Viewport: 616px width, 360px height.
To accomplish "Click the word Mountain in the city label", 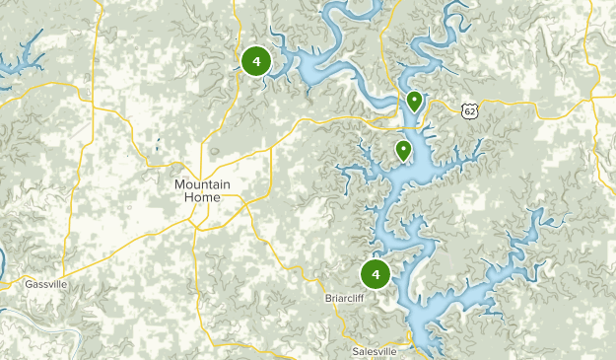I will [202, 184].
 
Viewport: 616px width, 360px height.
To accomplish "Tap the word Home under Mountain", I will [202, 197].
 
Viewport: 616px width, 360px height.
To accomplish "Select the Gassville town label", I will [46, 284].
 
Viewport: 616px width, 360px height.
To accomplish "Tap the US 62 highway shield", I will [470, 111].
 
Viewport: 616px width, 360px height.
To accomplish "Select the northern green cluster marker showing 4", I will [256, 61].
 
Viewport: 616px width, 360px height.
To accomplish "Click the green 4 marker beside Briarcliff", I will [376, 272].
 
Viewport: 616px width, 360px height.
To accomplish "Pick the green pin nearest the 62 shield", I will [415, 101].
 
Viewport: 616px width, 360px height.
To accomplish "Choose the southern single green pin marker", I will [403, 150].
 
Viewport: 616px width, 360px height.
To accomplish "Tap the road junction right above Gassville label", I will [61, 275].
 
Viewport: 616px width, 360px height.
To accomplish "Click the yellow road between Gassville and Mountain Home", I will [128, 253].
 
